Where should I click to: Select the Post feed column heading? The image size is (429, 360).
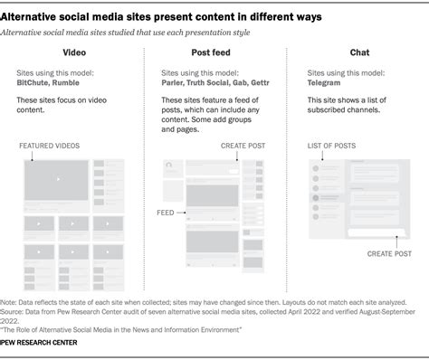213,52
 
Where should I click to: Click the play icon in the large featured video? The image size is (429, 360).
58,180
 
